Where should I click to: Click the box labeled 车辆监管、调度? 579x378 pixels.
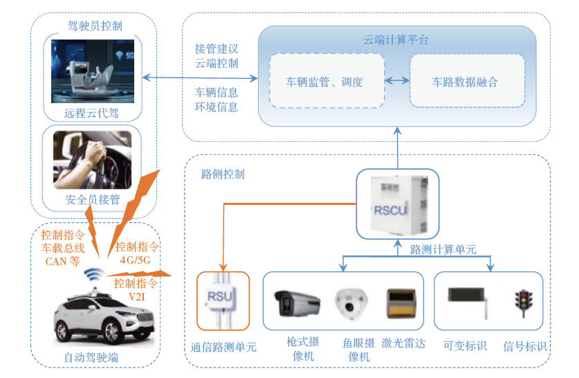[327, 81]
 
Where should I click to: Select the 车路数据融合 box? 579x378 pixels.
[467, 81]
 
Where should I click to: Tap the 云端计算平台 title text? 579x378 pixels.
[396, 39]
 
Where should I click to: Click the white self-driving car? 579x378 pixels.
[104, 316]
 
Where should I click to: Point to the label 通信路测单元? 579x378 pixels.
[223, 347]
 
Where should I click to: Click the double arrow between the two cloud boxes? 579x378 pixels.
[397, 81]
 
